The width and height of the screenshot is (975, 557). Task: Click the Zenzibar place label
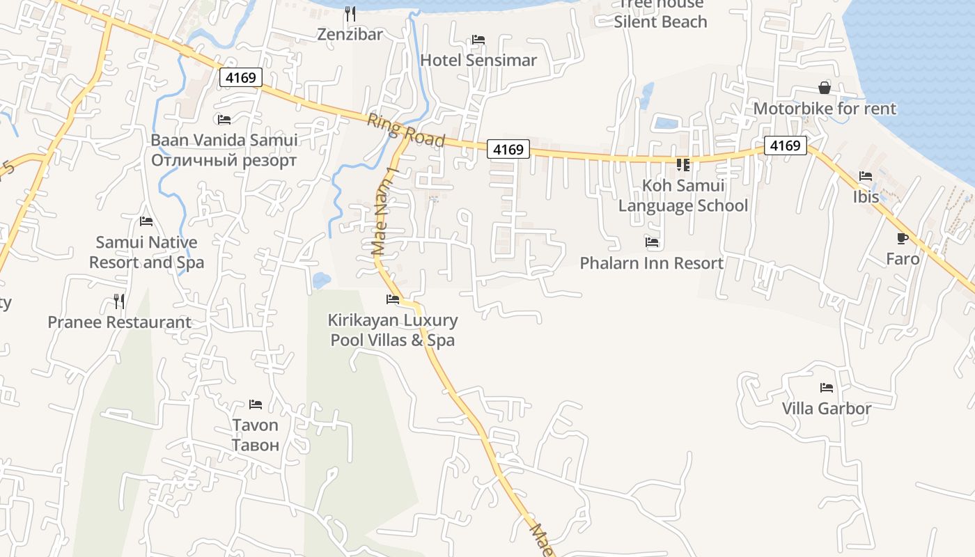[350, 34]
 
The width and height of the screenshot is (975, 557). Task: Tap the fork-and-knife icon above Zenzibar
[350, 13]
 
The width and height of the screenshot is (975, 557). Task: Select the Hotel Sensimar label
[478, 60]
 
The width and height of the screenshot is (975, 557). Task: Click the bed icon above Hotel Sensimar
[478, 40]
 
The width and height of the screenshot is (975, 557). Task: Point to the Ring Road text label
[405, 130]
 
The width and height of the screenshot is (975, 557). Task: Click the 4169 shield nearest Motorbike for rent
[786, 146]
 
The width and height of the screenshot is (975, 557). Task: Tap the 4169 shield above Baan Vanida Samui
[241, 77]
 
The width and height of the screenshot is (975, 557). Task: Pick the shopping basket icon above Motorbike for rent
[825, 88]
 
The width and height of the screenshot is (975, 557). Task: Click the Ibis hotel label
[866, 197]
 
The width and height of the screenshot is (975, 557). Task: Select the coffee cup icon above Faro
[903, 238]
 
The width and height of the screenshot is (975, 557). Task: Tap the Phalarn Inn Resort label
[652, 263]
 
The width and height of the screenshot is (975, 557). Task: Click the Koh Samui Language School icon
[683, 165]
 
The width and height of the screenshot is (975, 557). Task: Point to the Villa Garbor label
[827, 408]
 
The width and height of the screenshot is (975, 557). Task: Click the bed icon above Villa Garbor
[827, 388]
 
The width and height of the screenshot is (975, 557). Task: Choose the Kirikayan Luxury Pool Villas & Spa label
[393, 330]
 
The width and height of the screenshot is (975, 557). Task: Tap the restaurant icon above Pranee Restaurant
[119, 301]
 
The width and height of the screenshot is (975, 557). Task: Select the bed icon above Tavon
[256, 405]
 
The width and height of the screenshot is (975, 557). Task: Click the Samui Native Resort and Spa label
[146, 252]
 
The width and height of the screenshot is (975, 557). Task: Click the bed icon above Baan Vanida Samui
[224, 120]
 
